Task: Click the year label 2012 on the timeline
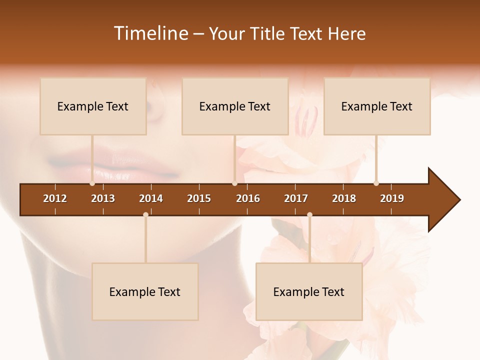55,198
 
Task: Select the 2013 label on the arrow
103,198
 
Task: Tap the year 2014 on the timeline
151,198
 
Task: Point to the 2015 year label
199,198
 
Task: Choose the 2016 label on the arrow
248,198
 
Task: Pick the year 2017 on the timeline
296,198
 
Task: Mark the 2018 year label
344,198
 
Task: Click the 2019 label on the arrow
392,198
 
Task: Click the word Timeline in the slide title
150,33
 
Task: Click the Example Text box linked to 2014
145,291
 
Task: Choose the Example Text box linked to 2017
309,291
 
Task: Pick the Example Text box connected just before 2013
93,106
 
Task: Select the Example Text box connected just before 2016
235,106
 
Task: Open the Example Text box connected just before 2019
377,106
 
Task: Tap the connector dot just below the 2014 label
145,215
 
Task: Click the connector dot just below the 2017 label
309,215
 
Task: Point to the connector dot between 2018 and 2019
376,183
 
